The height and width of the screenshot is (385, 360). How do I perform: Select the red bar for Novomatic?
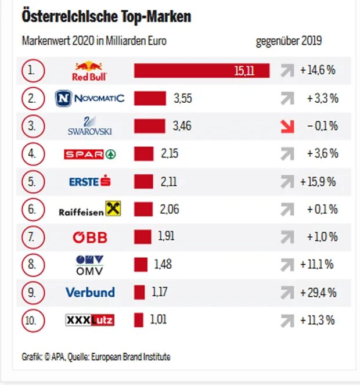150,98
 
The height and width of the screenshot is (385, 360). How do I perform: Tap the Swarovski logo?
89,126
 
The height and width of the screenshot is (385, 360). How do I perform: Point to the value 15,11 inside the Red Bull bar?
244,71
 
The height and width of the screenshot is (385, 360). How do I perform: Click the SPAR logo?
89,154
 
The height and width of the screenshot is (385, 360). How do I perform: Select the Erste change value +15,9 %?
318,182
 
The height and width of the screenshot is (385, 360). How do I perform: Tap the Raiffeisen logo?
89,210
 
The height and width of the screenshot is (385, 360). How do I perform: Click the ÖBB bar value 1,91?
166,236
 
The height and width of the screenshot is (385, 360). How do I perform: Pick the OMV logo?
89,265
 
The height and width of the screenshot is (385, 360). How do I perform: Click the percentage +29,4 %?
318,293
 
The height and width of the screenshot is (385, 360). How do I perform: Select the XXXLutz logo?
89,320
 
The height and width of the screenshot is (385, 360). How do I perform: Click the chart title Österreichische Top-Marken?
106,17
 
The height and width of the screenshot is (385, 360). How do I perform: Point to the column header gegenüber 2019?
289,42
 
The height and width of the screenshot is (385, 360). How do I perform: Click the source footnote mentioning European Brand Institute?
96,357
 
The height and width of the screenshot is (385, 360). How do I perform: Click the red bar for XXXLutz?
138,320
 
